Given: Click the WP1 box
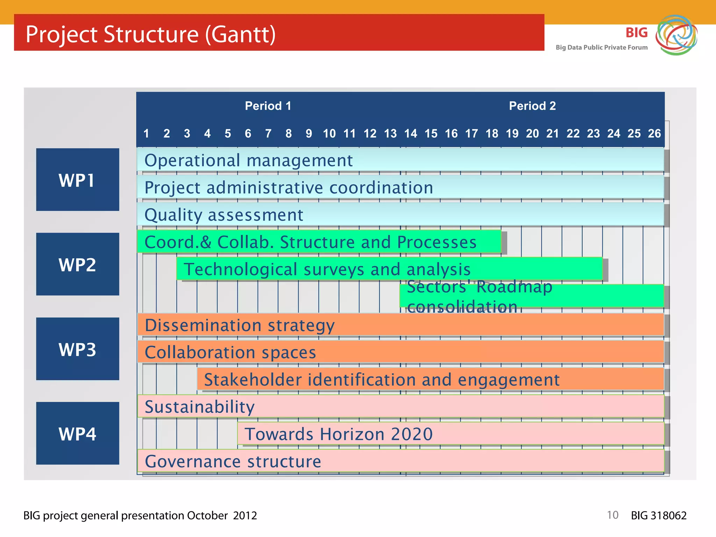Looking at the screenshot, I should click(77, 180).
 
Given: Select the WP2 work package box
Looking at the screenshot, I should click(77, 264).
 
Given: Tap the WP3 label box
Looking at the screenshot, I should click(77, 349).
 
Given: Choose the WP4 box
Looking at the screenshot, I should click(77, 434).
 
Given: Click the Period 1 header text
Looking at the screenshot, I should click(268, 106).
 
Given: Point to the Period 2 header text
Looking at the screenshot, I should click(532, 106).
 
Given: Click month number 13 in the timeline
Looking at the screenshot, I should click(390, 134).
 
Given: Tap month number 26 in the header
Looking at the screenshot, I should click(654, 134).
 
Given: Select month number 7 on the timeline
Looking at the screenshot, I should click(268, 134).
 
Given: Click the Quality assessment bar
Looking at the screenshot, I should click(400, 215).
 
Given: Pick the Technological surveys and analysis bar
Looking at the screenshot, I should click(389, 269).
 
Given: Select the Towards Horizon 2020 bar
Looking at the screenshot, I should click(451, 434).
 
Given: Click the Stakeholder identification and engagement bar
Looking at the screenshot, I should click(430, 379).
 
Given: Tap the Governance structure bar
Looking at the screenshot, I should click(400, 461).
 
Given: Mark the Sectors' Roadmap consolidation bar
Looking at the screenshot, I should click(531, 296).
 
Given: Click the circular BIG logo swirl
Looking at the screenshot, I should click(676, 35).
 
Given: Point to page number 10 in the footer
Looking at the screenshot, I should click(613, 515).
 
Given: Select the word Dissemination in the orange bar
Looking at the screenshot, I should click(203, 325).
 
